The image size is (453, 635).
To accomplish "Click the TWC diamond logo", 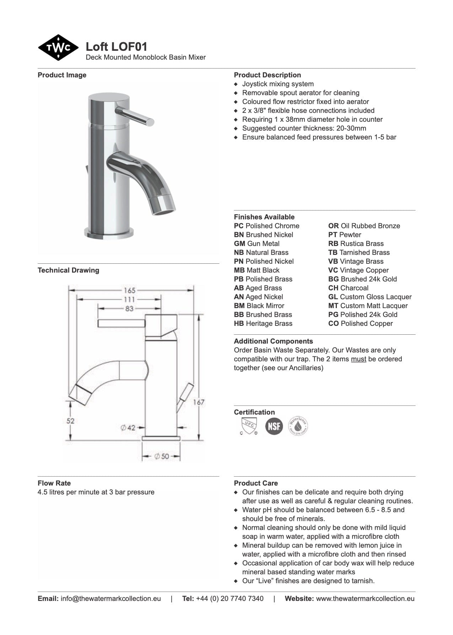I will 58,48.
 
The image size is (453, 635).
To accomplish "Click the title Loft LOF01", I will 116,46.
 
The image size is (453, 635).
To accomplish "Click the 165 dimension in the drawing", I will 129,290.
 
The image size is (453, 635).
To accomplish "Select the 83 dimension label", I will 129,309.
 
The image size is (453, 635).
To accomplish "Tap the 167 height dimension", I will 199,402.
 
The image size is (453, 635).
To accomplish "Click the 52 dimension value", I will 71,421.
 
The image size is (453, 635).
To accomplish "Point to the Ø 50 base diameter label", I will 162,456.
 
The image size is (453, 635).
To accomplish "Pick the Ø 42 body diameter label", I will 128,428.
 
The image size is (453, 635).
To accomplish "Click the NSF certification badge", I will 274,426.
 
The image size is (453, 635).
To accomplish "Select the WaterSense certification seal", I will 298,426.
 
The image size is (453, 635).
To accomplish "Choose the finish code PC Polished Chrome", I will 266,226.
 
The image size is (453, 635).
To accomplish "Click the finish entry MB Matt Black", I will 257,270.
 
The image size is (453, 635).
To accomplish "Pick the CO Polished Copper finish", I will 360,323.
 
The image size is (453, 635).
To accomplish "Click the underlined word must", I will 358,359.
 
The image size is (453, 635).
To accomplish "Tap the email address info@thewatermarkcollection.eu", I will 110,598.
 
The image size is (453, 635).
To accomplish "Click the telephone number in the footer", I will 230,598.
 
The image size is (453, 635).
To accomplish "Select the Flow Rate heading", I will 54,483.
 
